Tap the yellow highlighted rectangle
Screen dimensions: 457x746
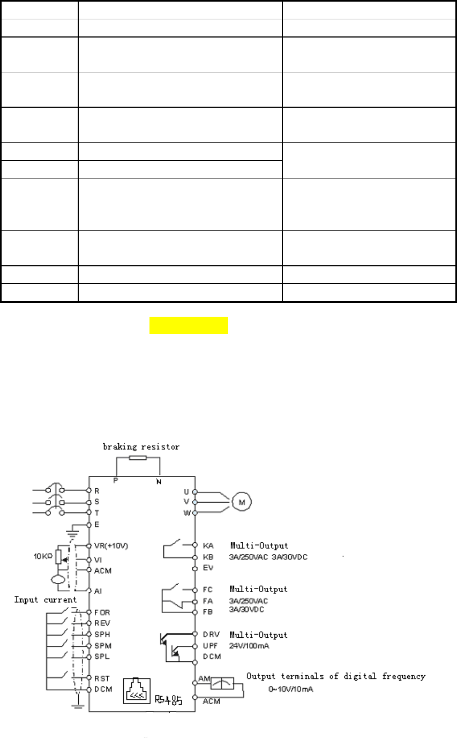tap(189, 325)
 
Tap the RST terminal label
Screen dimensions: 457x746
tap(102, 677)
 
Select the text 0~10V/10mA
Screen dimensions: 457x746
tap(291, 689)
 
